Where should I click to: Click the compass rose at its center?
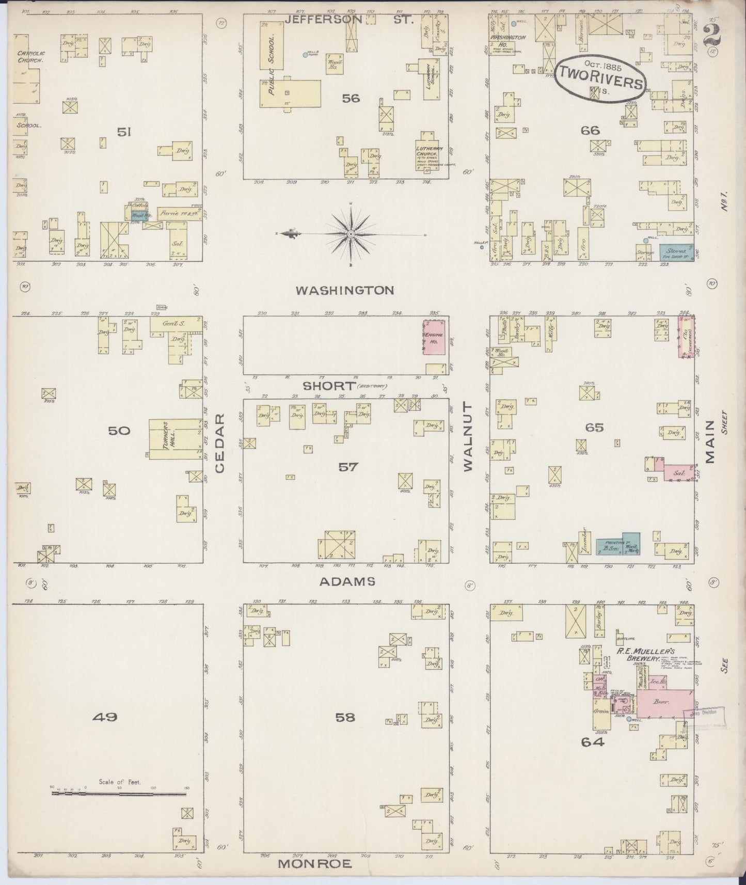click(351, 234)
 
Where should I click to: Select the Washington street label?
click(345, 290)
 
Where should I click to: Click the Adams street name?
click(346, 582)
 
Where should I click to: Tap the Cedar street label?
click(220, 442)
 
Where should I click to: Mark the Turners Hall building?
click(167, 439)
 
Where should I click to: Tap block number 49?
click(106, 717)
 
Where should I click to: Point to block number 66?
click(590, 130)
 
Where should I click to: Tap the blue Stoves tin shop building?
click(676, 251)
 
